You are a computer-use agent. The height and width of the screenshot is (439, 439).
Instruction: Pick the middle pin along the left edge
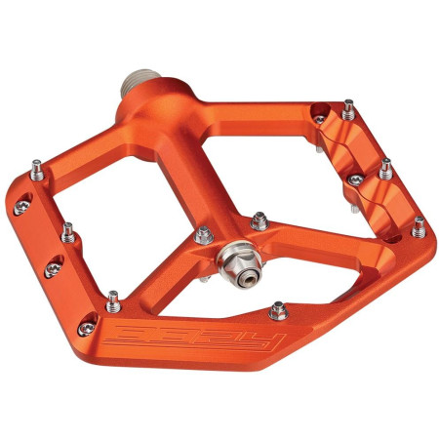[x=68, y=232]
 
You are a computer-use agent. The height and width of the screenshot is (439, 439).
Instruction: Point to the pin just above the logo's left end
[x=113, y=297]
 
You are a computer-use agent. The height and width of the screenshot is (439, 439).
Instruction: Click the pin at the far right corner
[x=419, y=225]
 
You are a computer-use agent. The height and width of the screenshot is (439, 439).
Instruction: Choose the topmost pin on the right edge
[x=348, y=106]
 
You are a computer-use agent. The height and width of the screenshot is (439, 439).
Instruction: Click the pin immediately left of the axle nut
[x=205, y=234]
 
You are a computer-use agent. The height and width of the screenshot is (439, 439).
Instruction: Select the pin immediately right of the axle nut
[x=259, y=219]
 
